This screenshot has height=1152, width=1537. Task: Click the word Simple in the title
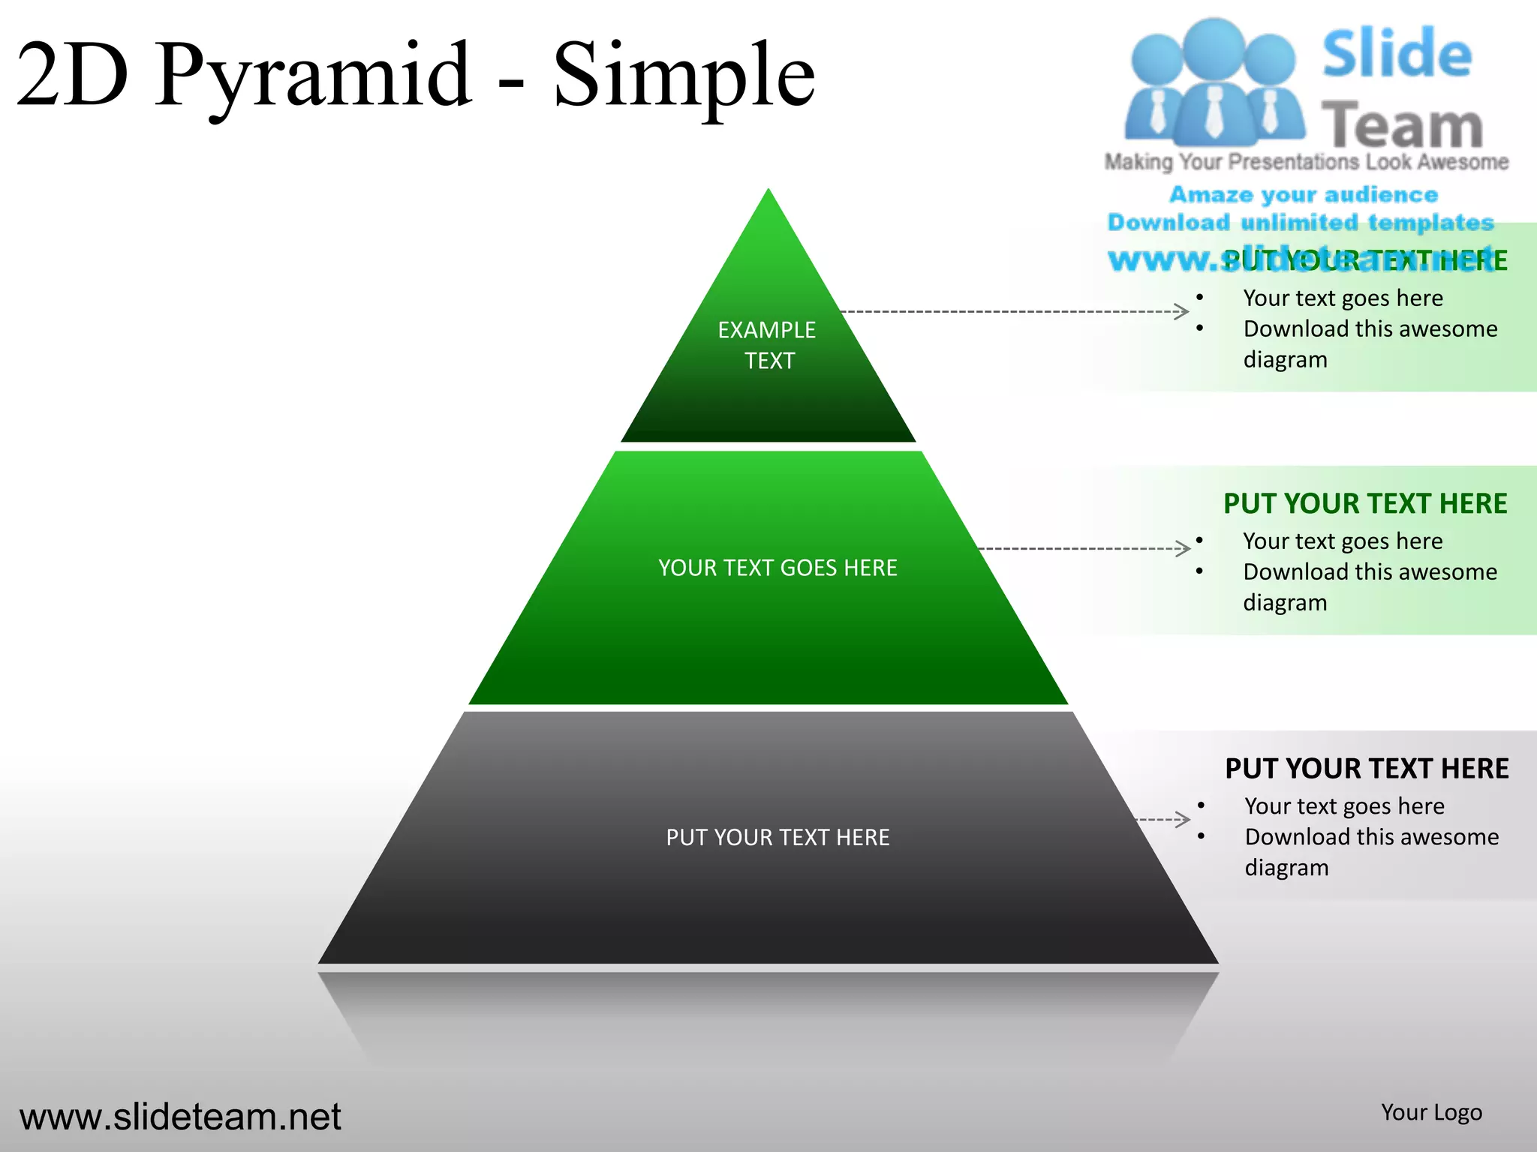coord(683,75)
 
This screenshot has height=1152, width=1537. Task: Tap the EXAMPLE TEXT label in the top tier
coord(767,345)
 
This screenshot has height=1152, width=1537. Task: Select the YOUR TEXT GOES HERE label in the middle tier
coord(778,568)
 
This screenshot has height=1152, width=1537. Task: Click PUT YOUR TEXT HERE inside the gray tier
coord(778,837)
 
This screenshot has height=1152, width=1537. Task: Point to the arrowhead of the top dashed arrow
coord(1182,311)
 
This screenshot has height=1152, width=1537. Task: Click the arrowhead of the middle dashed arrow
coord(1184,548)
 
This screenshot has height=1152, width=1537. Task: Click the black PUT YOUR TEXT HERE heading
coord(1367,769)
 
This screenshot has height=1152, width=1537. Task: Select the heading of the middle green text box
coord(1365,503)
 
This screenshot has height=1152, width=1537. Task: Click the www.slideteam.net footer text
coord(180,1117)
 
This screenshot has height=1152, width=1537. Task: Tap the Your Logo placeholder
coord(1431,1112)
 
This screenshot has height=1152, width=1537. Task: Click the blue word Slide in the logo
coord(1397,54)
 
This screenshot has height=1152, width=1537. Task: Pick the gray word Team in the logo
coord(1401,125)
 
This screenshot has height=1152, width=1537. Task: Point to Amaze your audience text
coord(1304,195)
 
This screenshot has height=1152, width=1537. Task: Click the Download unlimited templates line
coord(1301,223)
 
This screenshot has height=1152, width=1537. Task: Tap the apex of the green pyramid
coord(768,193)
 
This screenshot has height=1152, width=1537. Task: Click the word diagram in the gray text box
coord(1286,868)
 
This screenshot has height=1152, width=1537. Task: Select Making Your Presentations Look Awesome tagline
coord(1306,162)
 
